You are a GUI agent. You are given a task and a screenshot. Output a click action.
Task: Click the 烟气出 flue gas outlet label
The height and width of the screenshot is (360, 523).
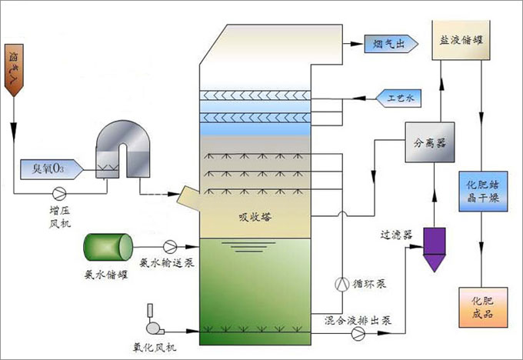point(389,45)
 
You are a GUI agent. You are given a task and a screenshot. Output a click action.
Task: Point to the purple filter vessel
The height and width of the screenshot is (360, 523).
point(435,248)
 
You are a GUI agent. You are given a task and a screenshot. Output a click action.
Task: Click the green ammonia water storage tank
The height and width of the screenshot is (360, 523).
point(107,246)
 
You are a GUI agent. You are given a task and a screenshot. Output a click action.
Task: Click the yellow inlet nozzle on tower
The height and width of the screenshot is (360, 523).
point(188,200)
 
